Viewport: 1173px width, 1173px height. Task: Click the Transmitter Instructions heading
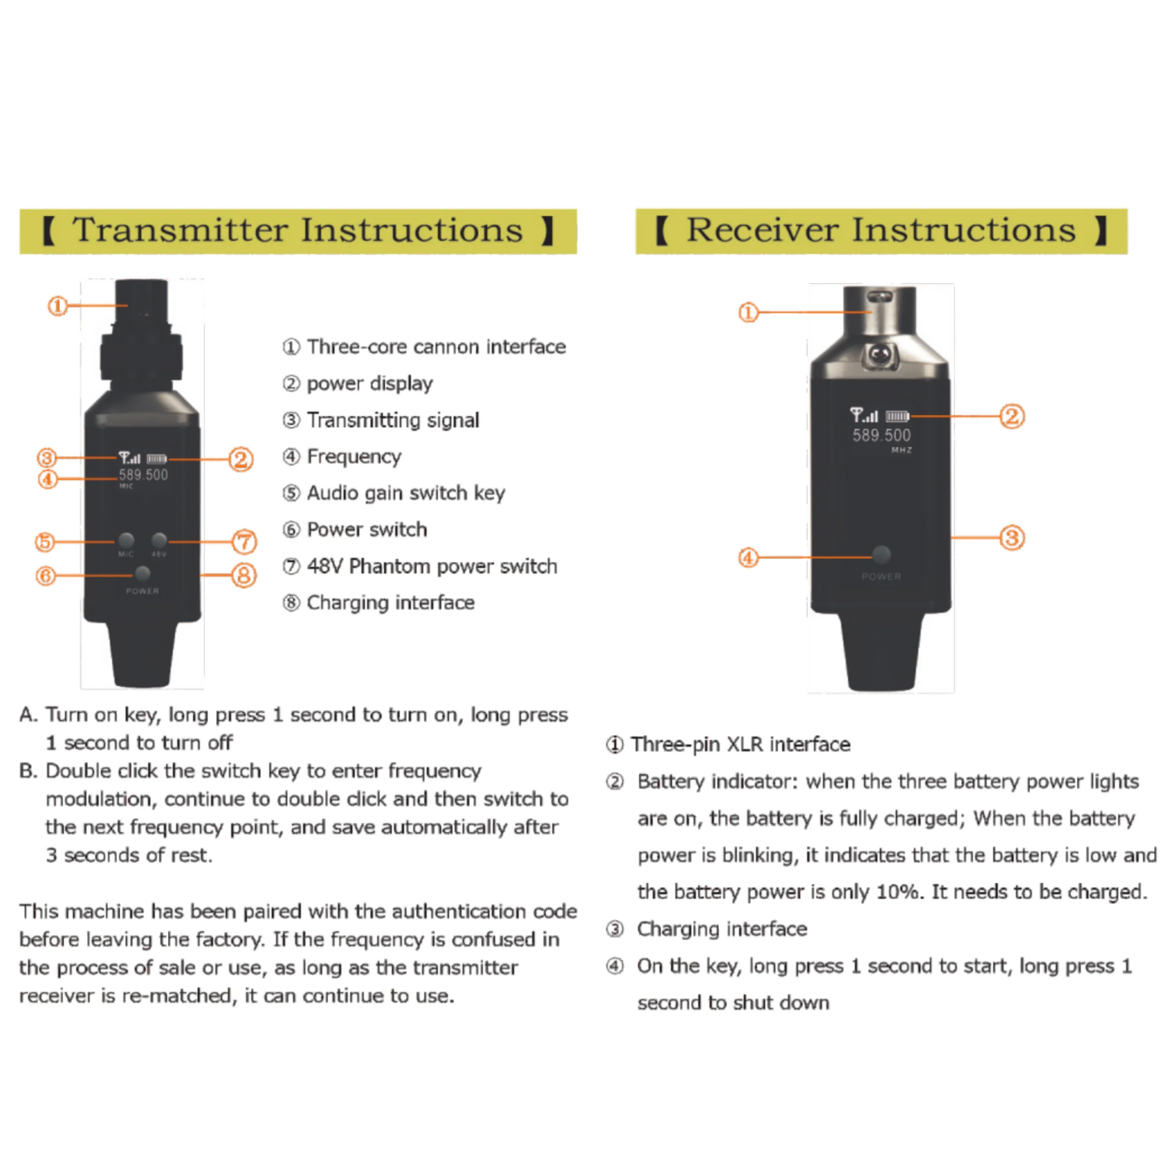[x=297, y=231]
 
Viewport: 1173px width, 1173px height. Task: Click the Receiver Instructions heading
[x=881, y=231]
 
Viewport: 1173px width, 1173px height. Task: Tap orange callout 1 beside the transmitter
[x=58, y=305]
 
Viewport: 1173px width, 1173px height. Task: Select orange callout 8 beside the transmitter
[x=244, y=575]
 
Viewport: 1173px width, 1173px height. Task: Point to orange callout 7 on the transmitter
[x=244, y=541]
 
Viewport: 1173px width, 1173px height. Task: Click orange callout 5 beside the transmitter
[x=46, y=541]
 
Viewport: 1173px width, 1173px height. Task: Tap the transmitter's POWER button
[x=143, y=574]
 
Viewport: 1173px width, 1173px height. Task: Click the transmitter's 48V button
[x=159, y=540]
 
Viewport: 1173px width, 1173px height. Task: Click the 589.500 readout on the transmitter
[x=143, y=475]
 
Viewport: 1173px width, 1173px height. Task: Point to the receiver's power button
[x=882, y=554]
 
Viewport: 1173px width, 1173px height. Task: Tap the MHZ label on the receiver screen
[x=902, y=450]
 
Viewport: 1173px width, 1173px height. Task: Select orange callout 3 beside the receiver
[x=1012, y=537]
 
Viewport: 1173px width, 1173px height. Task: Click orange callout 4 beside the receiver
[x=748, y=557]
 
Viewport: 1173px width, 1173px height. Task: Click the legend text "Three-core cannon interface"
[x=436, y=347]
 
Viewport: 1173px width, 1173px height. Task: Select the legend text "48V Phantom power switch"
[x=432, y=566]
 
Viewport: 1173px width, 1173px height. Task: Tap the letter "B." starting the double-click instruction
[x=29, y=771]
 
